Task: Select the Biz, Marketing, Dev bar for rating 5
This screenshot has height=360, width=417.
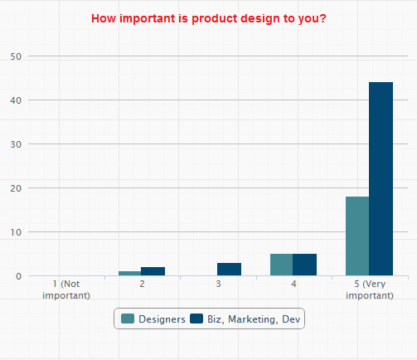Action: (x=381, y=179)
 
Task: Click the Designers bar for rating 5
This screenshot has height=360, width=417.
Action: (x=357, y=236)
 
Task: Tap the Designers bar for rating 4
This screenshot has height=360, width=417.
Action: (x=282, y=265)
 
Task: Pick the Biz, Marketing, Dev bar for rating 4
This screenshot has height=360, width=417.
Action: (x=304, y=265)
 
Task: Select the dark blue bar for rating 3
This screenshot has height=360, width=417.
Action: (x=229, y=269)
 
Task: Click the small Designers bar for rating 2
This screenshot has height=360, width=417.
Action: (x=130, y=273)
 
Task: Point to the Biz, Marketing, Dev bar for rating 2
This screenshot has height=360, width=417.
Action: (x=153, y=271)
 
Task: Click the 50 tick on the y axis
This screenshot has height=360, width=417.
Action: (x=16, y=56)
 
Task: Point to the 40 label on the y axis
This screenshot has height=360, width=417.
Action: (x=16, y=100)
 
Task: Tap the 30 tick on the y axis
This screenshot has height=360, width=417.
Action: (x=16, y=144)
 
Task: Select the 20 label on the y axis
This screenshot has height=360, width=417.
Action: (x=16, y=188)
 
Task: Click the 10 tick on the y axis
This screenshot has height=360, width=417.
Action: (x=16, y=232)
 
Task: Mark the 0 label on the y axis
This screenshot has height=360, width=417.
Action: (x=18, y=276)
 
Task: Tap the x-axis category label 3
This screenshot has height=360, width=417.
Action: (x=218, y=285)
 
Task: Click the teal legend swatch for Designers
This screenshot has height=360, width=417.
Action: (x=128, y=319)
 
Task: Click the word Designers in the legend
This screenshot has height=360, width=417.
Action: (x=161, y=319)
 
